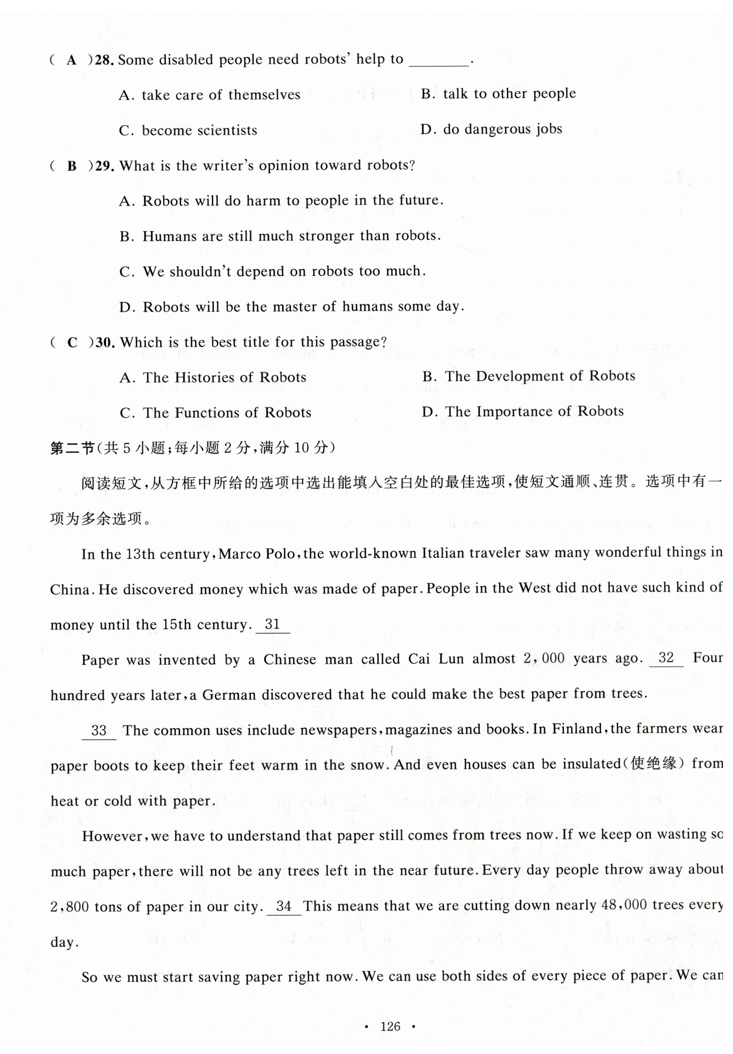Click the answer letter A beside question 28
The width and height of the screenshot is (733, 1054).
(71, 60)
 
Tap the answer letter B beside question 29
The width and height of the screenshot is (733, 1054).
(72, 166)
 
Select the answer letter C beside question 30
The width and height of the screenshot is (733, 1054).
(72, 342)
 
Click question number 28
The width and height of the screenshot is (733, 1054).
(105, 60)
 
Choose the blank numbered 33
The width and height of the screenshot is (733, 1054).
(99, 730)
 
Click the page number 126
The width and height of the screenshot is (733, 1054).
(390, 1026)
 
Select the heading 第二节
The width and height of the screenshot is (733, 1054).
(72, 447)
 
